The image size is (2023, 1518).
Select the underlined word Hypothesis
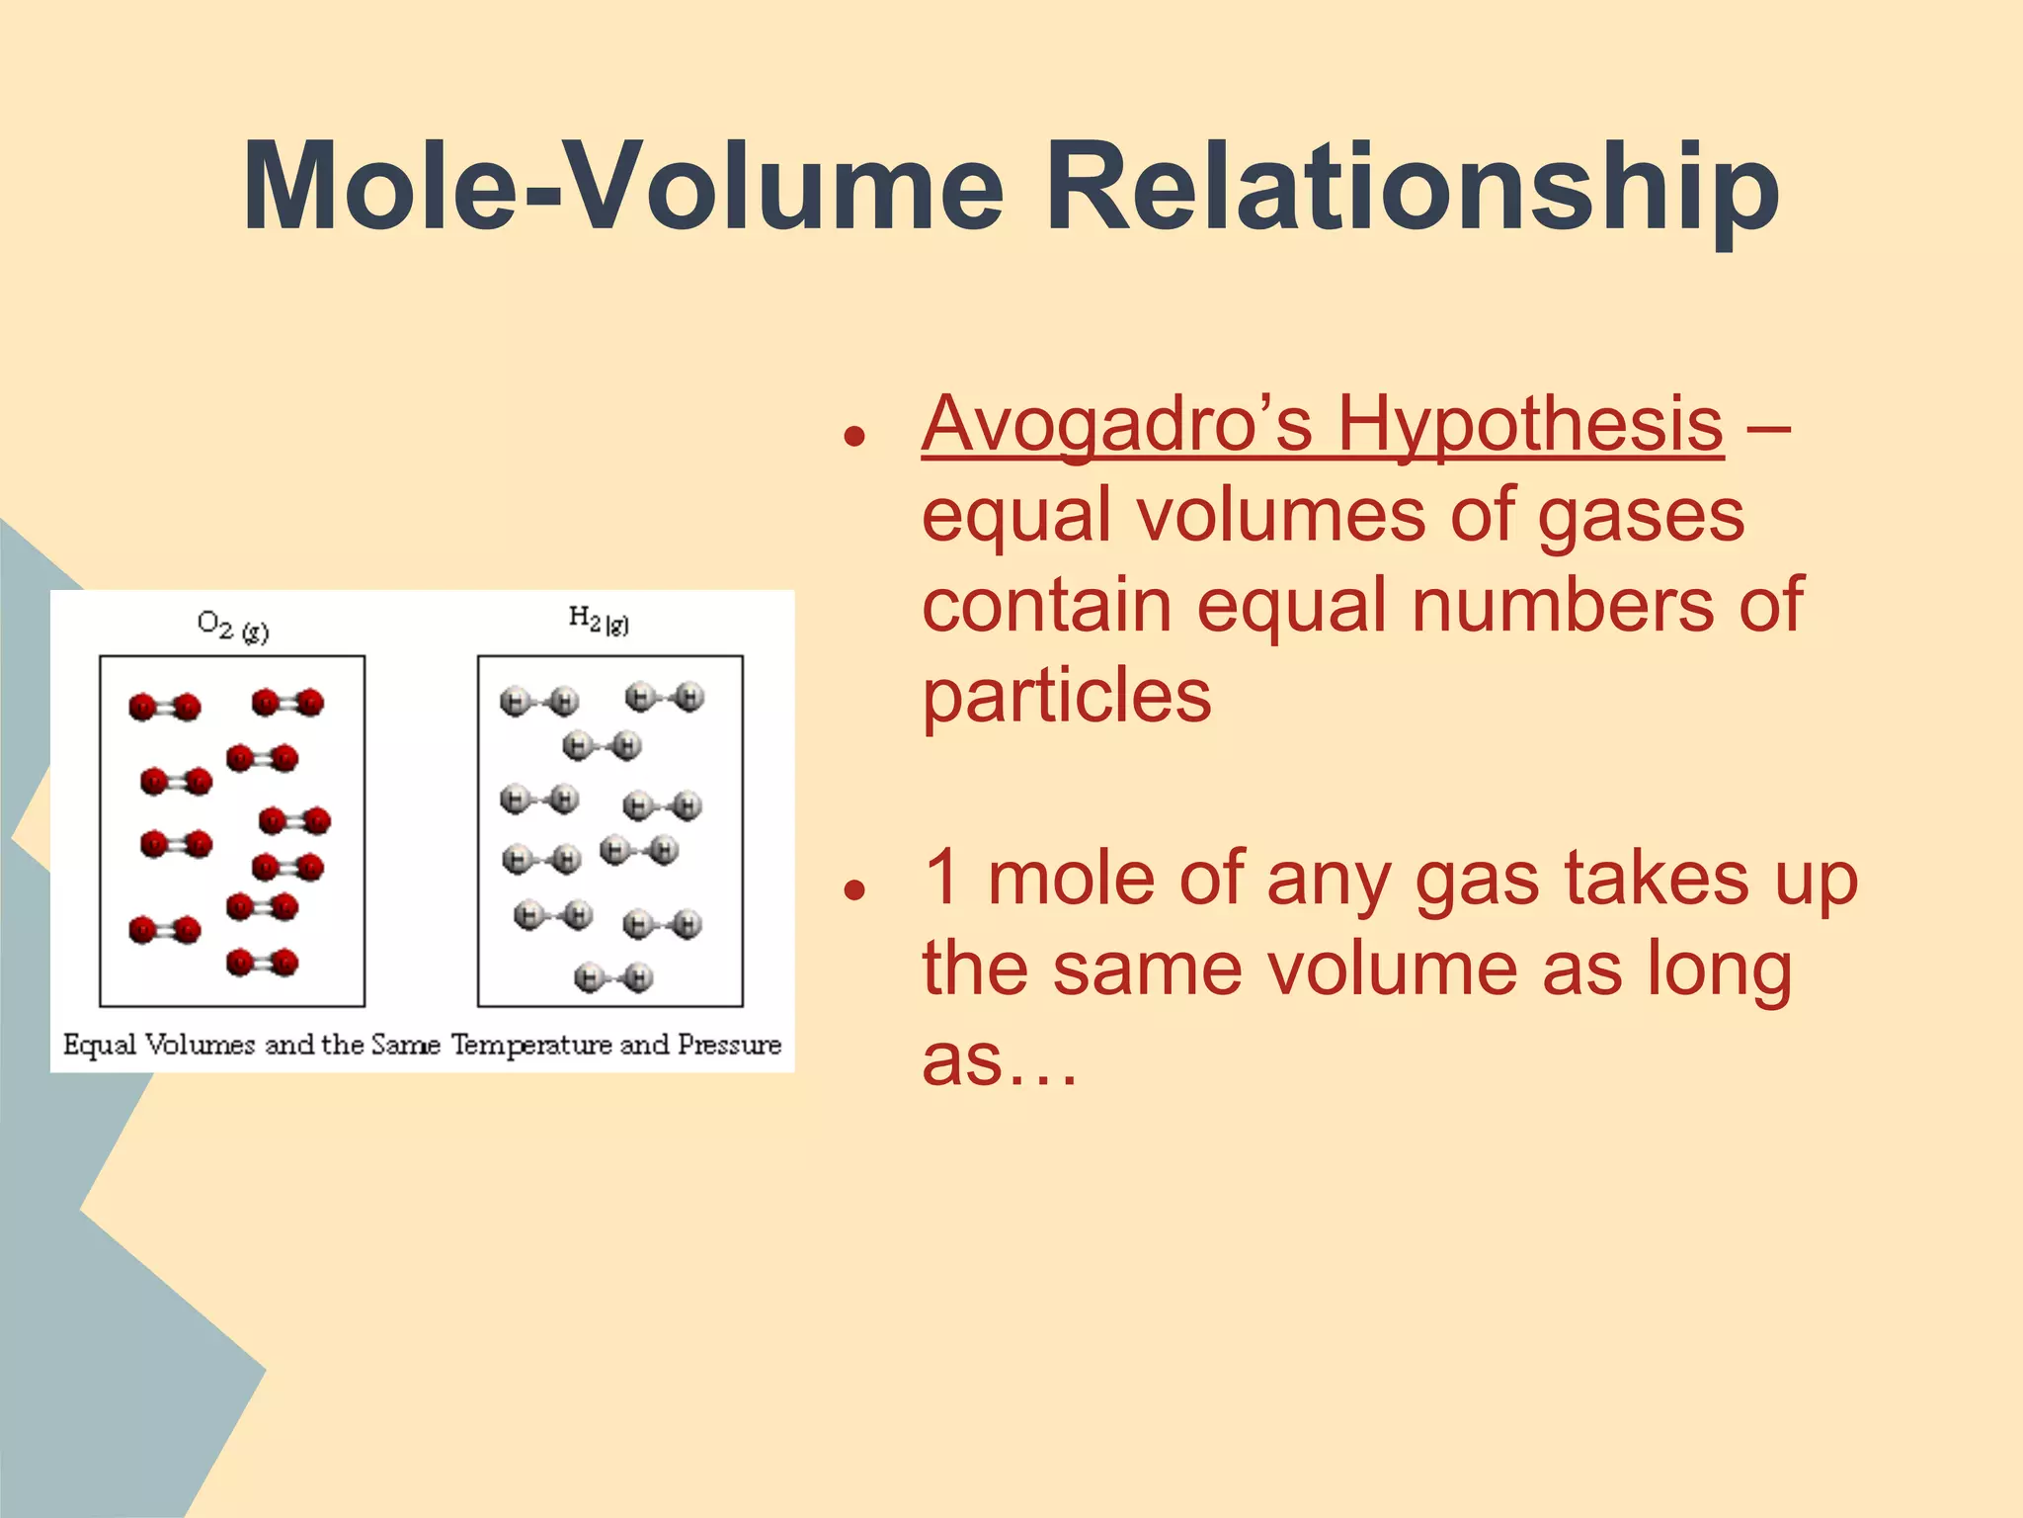(x=1530, y=425)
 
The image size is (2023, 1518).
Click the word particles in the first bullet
(x=1066, y=696)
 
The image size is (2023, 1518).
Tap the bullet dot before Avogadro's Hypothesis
(x=854, y=436)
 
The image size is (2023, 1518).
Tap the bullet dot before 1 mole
(x=854, y=889)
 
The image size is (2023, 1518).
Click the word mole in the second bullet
(x=1070, y=879)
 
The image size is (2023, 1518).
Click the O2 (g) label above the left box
(x=232, y=627)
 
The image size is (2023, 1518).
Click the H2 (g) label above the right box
(x=599, y=621)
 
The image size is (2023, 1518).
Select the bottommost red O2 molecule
(x=262, y=962)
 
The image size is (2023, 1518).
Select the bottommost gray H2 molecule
(x=613, y=978)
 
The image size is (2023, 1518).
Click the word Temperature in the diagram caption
(x=531, y=1045)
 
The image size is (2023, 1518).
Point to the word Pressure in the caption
(x=729, y=1045)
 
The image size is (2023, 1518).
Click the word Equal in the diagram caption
(x=99, y=1046)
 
